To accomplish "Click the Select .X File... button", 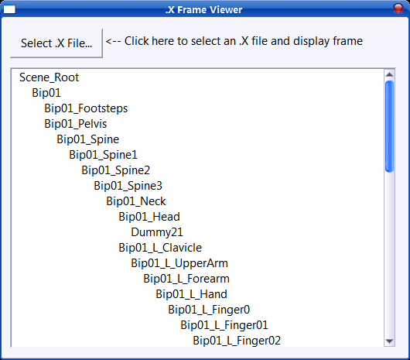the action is [56, 43].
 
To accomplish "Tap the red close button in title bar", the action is [398, 8].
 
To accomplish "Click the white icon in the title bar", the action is [9, 9].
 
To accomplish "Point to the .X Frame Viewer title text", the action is [204, 10].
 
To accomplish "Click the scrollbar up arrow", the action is [389, 74].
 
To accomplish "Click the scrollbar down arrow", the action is [389, 341].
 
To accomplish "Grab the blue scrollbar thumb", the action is [389, 127].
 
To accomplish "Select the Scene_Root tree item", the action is [50, 77].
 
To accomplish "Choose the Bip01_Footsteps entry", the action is [86, 108].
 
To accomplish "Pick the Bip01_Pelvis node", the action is [76, 124].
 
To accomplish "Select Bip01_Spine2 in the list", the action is [115, 170].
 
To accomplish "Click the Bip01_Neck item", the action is [136, 201].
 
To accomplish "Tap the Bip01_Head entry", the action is [149, 217].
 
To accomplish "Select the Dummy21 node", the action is [157, 232].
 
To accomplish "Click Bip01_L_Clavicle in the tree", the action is [160, 248].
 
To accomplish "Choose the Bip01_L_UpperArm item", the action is [179, 263].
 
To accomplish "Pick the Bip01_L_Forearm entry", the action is [186, 279].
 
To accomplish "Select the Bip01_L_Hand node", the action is [191, 294].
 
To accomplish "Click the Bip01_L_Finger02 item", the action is [237, 341].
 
